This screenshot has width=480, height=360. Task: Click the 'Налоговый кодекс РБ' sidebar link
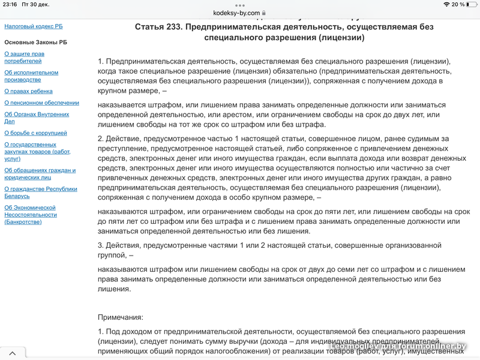(34, 26)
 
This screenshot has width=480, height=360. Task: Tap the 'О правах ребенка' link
(28, 91)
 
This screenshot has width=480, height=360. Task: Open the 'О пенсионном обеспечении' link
(41, 103)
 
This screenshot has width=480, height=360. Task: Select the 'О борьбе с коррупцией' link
(35, 133)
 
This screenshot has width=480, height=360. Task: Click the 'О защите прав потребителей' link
(24, 58)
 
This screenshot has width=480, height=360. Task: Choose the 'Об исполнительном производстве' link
(31, 76)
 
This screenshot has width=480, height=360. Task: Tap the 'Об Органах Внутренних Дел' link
(36, 118)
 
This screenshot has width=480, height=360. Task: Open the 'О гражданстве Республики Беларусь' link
(40, 193)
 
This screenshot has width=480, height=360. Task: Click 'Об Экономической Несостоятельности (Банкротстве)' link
(30, 215)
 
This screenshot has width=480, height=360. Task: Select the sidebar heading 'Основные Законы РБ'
(35, 43)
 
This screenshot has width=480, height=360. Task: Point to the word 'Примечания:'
(121, 317)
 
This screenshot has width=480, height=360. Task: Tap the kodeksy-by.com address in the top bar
(236, 13)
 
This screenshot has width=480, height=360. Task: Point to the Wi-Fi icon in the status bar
(446, 4)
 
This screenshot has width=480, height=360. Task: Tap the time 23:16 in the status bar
(9, 4)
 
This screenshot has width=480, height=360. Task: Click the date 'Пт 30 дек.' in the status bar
(40, 4)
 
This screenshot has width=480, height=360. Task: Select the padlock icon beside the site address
(263, 13)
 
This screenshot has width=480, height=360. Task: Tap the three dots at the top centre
(239, 4)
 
